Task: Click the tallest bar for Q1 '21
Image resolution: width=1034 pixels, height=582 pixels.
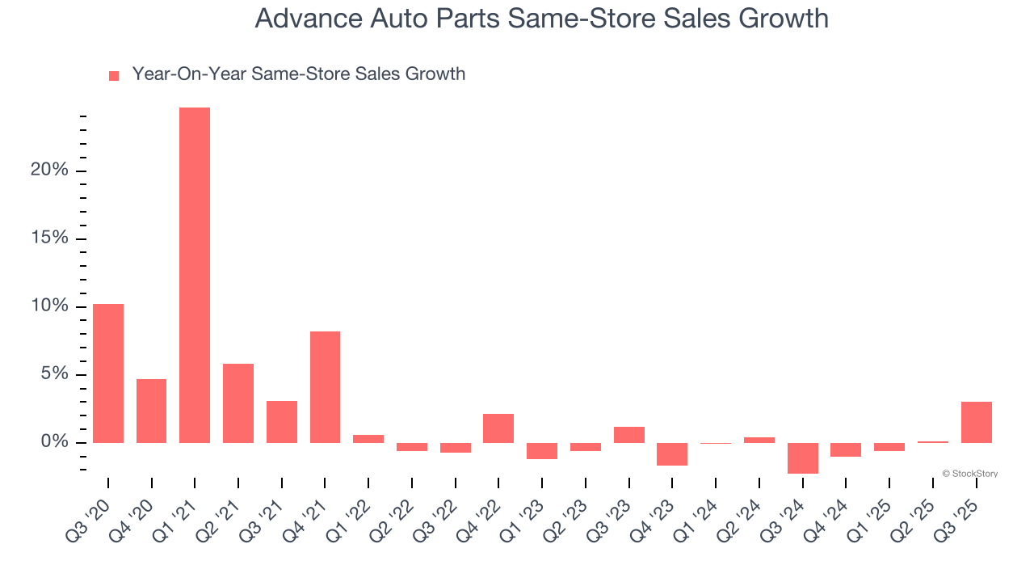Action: tap(195, 275)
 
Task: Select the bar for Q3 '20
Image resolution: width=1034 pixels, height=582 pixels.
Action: tap(108, 373)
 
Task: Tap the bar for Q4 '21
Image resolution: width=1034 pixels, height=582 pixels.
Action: tap(325, 387)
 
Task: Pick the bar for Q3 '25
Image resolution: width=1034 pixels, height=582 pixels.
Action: tap(976, 422)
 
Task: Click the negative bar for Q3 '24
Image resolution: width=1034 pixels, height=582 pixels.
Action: tap(802, 458)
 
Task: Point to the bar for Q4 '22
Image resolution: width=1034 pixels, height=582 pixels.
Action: tap(498, 428)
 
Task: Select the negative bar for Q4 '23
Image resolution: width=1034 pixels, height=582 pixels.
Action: tap(672, 453)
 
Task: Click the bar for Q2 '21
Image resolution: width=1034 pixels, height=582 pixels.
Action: tap(238, 403)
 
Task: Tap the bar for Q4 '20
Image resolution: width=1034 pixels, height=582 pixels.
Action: tap(151, 411)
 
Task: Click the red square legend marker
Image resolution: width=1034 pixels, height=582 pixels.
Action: tap(114, 75)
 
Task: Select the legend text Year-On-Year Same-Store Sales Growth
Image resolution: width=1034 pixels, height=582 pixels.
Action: tap(299, 74)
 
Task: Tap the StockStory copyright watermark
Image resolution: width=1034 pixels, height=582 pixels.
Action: tap(969, 474)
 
